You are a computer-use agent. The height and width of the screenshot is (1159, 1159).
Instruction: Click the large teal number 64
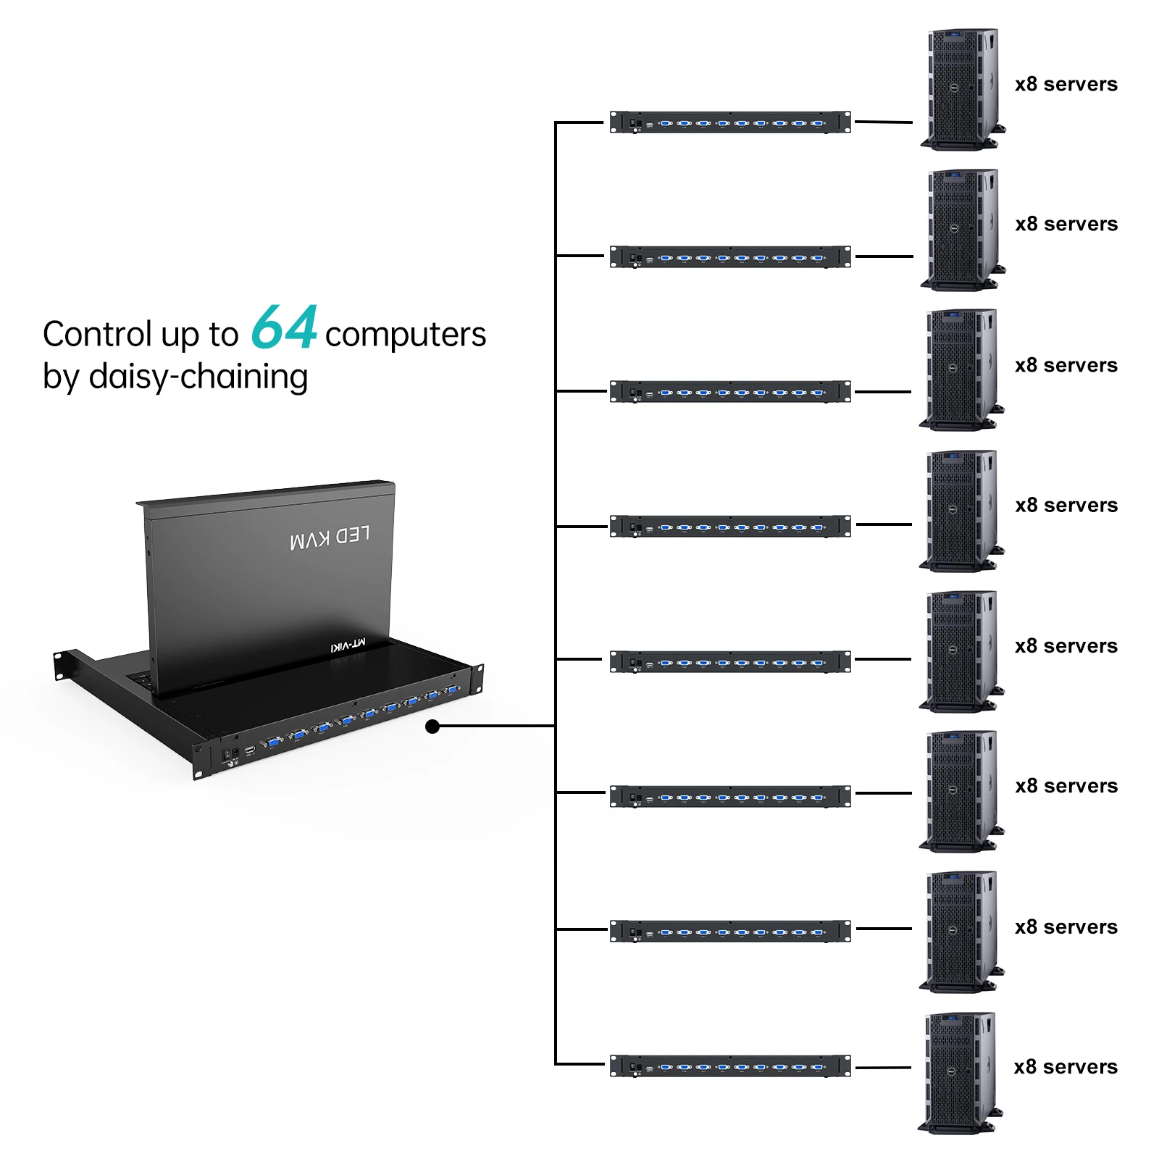[x=284, y=327]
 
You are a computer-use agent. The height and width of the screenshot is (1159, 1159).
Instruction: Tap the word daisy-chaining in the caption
[x=198, y=377]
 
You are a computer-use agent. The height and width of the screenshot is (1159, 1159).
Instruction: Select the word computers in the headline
[x=405, y=335]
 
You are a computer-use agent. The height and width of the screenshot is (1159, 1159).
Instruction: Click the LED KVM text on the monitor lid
[x=330, y=537]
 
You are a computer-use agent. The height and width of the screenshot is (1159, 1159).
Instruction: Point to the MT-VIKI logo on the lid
[x=348, y=645]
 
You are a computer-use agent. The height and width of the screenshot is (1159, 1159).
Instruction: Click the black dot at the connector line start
[x=432, y=726]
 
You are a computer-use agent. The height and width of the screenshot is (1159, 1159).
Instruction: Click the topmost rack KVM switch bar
[x=729, y=122]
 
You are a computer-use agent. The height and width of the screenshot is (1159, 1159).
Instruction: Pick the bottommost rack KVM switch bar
[x=729, y=1066]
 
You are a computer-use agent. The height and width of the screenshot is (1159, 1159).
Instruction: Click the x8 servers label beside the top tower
[x=1066, y=85]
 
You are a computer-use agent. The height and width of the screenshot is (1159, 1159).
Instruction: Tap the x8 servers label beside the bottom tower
[x=1065, y=1067]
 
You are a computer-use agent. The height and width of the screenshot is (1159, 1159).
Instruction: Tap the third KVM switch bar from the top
[x=729, y=391]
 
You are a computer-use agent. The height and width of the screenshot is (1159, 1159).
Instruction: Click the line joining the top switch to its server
[x=883, y=122]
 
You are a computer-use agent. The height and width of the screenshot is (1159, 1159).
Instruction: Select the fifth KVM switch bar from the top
[x=729, y=661]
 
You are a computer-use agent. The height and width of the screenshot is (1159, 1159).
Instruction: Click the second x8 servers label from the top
[x=1066, y=225]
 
